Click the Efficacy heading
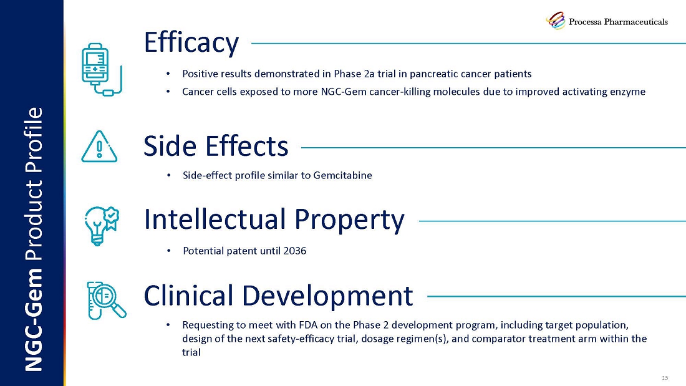(191, 43)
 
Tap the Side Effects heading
(216, 146)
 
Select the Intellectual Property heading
(274, 220)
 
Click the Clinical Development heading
(278, 296)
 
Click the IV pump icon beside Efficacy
(102, 69)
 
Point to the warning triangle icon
(99, 147)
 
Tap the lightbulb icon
(102, 226)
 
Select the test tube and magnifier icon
(106, 300)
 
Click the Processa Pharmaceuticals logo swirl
(556, 21)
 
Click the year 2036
(295, 251)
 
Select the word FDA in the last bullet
(309, 325)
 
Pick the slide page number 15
(665, 378)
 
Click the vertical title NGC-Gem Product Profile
(34, 239)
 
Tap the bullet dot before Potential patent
(168, 251)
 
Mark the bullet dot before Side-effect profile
(168, 175)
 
